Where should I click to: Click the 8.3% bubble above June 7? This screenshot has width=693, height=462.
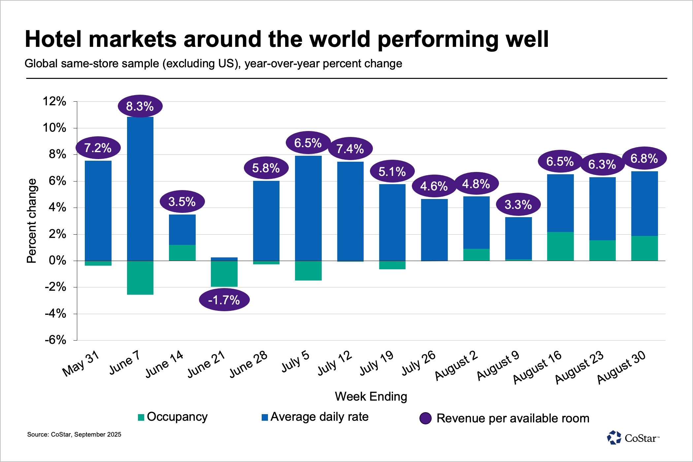point(140,106)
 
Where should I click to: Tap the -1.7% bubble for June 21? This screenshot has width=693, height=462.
point(224,300)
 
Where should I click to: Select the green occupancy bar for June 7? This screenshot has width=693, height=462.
point(140,278)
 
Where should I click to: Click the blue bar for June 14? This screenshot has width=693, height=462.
point(182,230)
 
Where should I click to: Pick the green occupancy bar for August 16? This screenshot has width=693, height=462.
point(560,247)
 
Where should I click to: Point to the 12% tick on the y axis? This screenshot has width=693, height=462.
point(54,101)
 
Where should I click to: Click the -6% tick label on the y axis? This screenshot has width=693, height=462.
point(55,340)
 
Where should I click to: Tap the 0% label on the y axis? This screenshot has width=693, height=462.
point(57,261)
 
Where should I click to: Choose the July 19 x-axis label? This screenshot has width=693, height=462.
point(377,363)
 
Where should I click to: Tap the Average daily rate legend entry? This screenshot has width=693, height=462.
point(315,417)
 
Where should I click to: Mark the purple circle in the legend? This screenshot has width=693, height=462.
point(425,418)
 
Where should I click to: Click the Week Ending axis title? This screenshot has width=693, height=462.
point(371,396)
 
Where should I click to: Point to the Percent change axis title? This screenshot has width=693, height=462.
point(32,221)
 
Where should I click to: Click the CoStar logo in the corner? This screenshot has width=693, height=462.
point(633,438)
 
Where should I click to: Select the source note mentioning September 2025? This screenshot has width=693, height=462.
point(74,435)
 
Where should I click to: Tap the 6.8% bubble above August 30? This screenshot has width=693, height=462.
point(644,158)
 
